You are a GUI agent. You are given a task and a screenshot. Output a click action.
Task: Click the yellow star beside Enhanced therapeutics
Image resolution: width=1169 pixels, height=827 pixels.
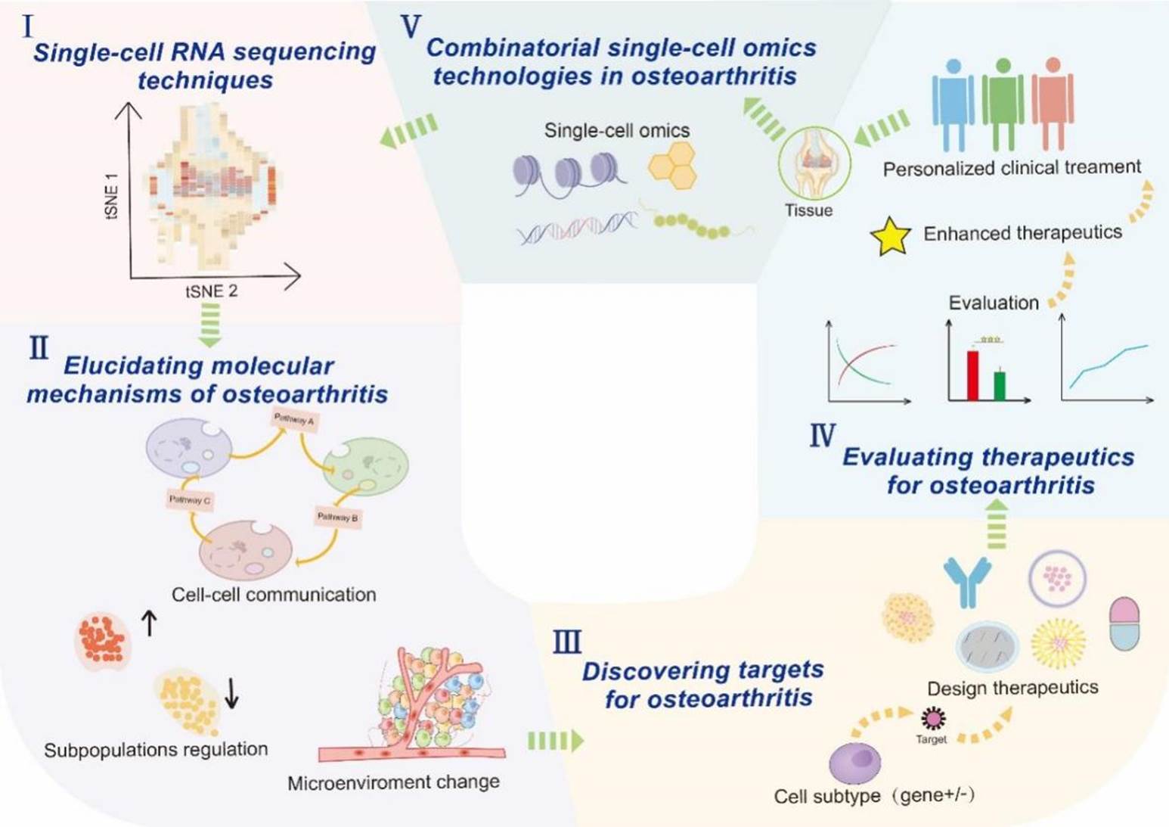891,237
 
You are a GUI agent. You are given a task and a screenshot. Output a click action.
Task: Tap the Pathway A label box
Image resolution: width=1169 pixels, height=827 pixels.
294,420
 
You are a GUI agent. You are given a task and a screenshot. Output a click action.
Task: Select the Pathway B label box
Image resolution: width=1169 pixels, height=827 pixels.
337,518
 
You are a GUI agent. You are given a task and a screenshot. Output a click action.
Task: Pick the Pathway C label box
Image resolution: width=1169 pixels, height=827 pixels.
190,500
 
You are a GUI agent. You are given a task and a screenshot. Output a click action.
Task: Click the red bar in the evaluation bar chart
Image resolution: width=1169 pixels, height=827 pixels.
972,375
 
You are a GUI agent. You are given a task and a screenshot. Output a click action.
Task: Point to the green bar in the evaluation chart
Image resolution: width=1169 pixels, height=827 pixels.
1000,385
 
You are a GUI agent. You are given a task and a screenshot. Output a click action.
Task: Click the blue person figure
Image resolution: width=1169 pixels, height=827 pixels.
953,102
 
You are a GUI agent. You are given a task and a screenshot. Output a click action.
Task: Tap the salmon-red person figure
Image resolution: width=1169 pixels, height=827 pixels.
1053,102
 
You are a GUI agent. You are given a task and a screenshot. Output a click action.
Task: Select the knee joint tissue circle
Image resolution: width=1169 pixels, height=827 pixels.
814,163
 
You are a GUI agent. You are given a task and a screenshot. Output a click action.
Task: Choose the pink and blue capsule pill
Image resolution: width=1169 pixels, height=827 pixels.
1124,623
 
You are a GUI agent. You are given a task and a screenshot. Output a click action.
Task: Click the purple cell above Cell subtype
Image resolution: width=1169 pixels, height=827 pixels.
855,762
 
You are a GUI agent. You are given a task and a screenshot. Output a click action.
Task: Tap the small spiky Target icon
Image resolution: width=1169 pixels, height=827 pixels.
932,717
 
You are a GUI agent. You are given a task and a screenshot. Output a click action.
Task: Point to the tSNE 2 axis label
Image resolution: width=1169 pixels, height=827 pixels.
212,291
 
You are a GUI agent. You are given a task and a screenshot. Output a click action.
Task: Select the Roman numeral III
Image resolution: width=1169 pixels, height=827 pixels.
567,642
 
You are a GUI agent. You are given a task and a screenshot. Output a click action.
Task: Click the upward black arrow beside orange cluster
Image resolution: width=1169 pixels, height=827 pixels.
150,623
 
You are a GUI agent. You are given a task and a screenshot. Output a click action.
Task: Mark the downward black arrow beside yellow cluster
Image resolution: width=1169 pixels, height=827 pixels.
232,692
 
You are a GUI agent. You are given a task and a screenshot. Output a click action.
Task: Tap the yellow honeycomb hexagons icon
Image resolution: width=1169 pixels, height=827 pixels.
672,165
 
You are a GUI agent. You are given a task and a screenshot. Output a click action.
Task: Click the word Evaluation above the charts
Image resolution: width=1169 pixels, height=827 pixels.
994,303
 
